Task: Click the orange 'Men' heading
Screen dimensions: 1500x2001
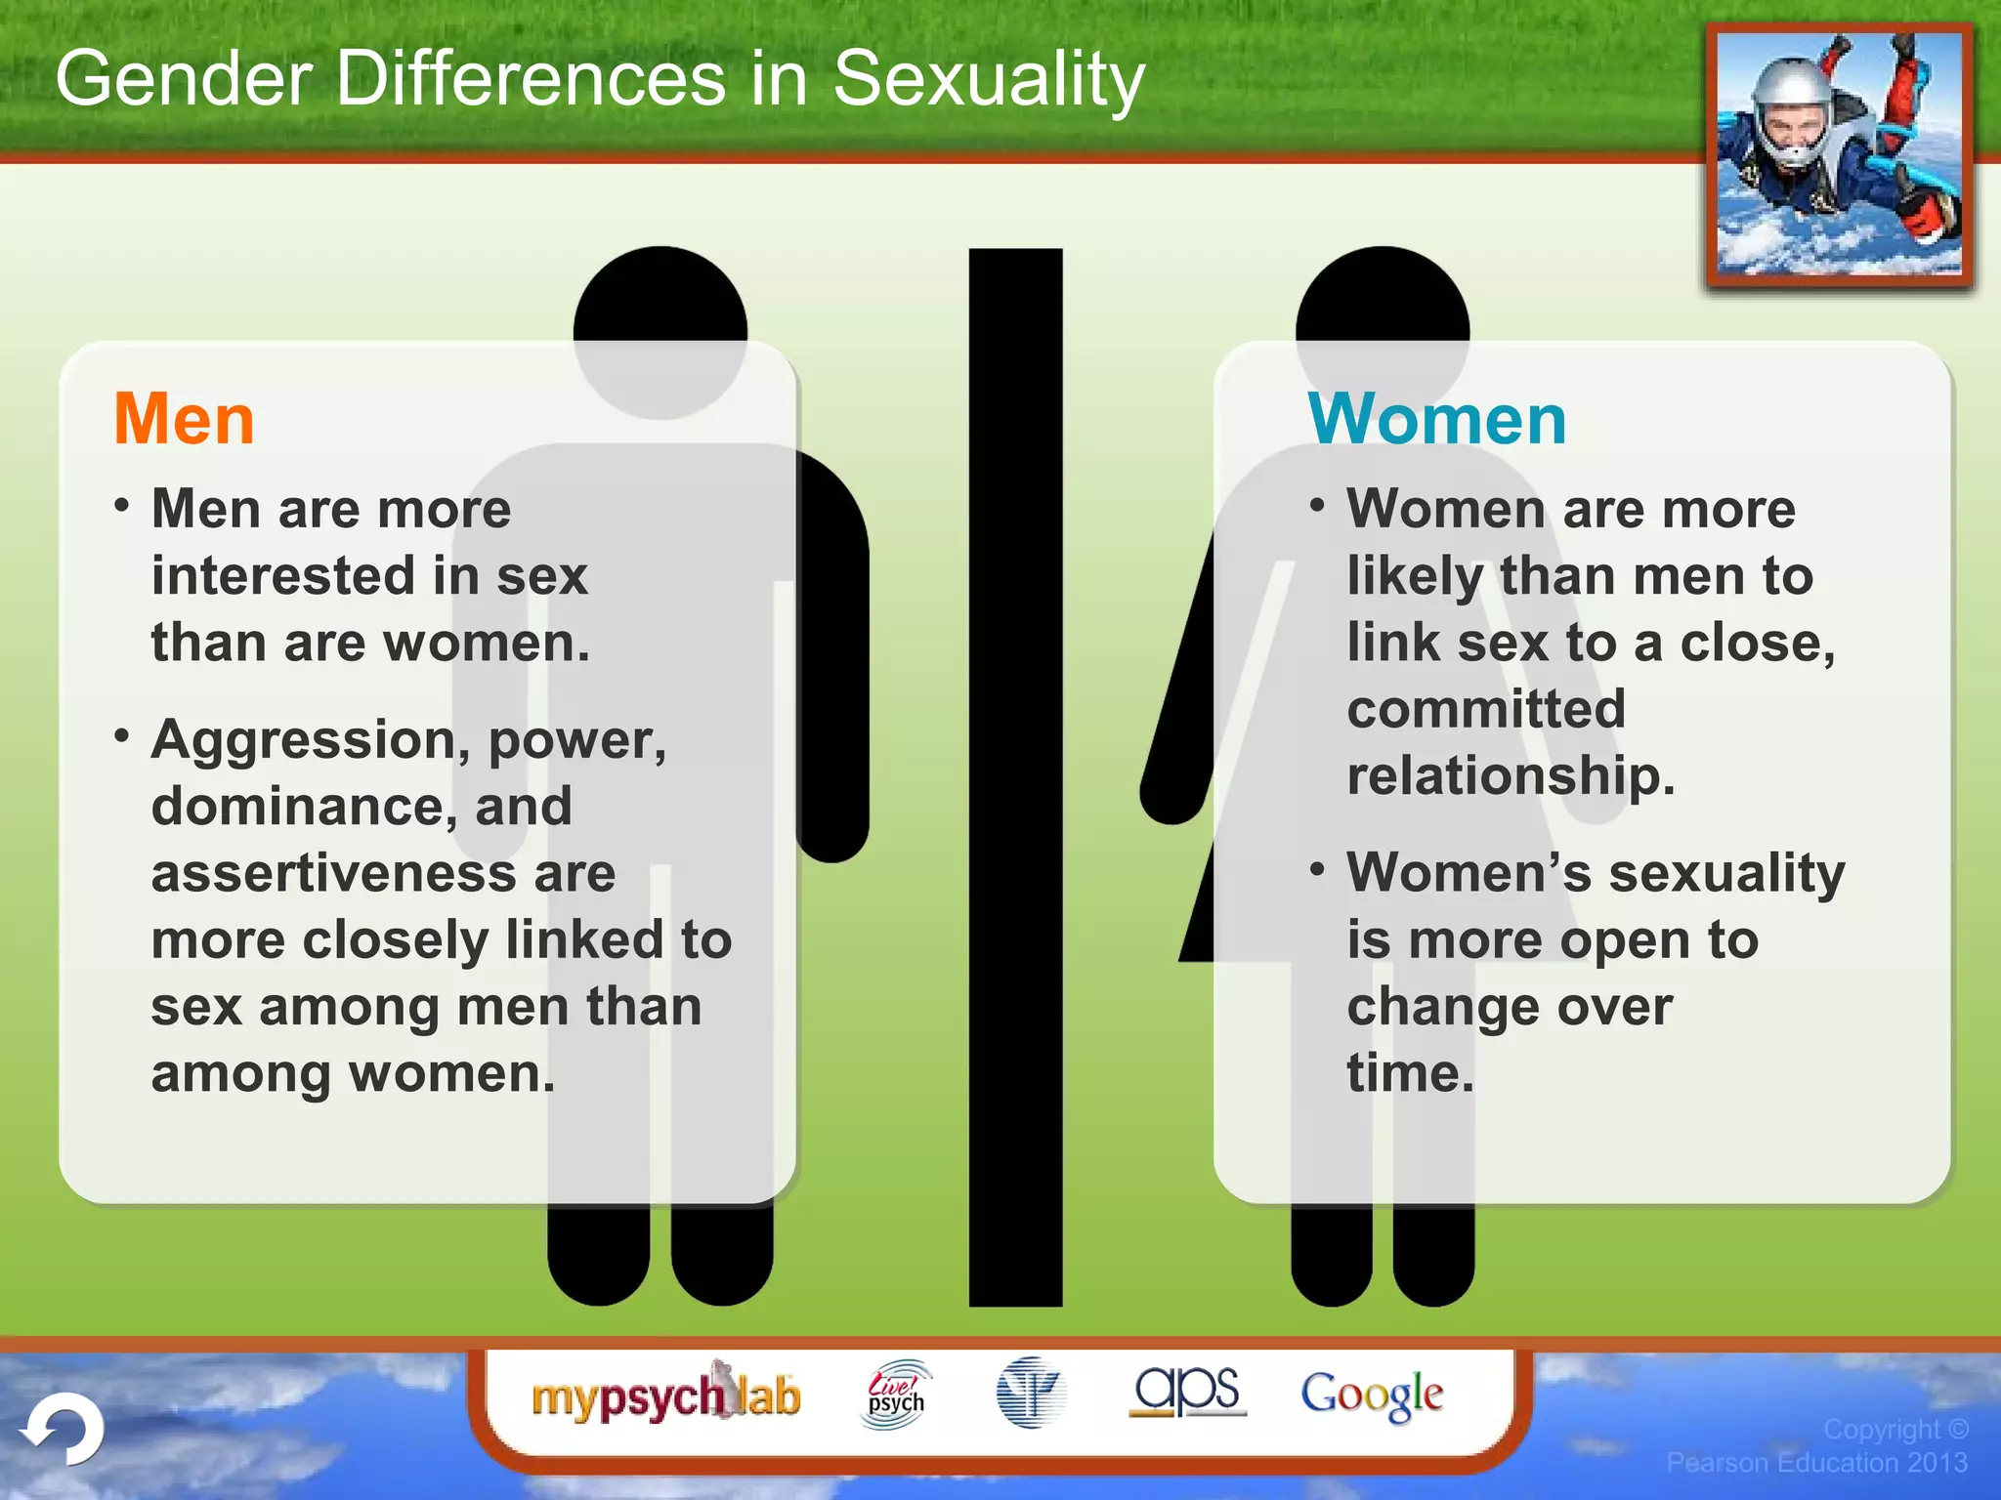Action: pyautogui.click(x=184, y=420)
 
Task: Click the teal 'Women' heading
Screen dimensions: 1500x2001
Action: pyautogui.click(x=1436, y=420)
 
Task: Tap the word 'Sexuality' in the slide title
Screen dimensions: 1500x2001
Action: pyautogui.click(x=988, y=80)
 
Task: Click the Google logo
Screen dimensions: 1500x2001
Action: pyautogui.click(x=1372, y=1395)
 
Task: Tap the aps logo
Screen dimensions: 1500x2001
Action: pyautogui.click(x=1187, y=1391)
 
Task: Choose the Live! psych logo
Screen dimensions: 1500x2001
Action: pyautogui.click(x=896, y=1395)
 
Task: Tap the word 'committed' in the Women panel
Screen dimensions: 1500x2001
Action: pyautogui.click(x=1485, y=709)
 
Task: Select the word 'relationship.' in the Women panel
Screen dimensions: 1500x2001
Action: pyautogui.click(x=1511, y=775)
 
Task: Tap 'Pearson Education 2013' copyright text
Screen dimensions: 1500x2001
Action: pyautogui.click(x=1816, y=1463)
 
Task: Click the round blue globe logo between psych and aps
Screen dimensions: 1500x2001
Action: pyautogui.click(x=1030, y=1393)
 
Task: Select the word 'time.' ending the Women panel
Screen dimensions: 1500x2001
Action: pyautogui.click(x=1410, y=1073)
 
